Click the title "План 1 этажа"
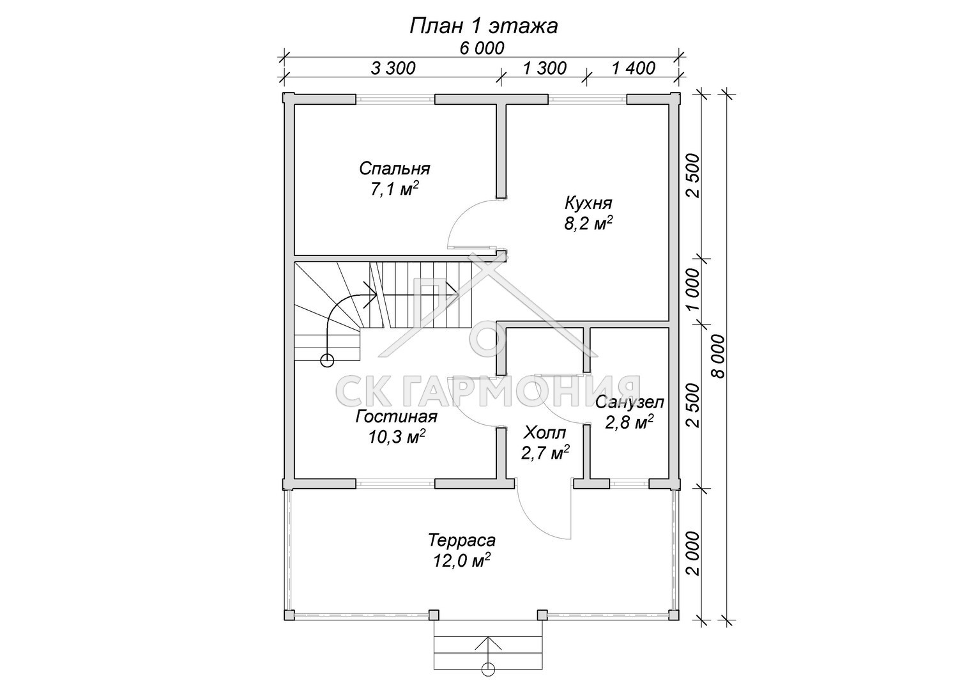click(x=484, y=27)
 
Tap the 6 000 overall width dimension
click(x=482, y=49)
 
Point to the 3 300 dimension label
click(x=393, y=68)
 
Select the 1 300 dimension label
click(x=544, y=68)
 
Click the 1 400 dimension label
click(x=634, y=68)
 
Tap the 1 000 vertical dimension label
click(x=694, y=289)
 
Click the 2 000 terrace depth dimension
click(x=694, y=553)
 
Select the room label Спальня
click(x=395, y=169)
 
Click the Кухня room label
click(x=589, y=203)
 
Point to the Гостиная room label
click(x=397, y=417)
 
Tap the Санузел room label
click(x=630, y=402)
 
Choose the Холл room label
click(x=545, y=433)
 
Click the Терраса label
click(x=462, y=540)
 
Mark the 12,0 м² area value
click(x=462, y=561)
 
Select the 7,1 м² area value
click(x=395, y=189)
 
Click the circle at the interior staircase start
click(x=327, y=360)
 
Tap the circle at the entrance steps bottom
click(x=489, y=680)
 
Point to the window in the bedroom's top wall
click(x=395, y=100)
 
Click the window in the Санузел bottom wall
click(x=629, y=483)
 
